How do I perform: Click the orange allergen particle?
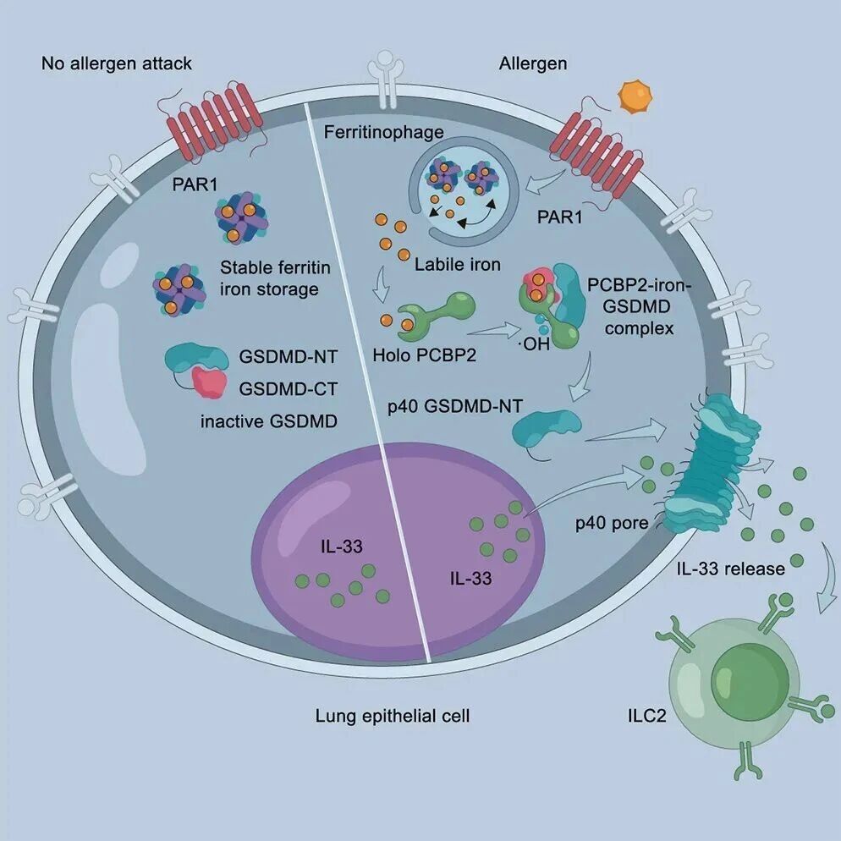click(635, 96)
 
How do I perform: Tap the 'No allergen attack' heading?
click(117, 63)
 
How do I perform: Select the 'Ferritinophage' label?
click(383, 133)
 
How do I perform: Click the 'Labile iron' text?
click(458, 265)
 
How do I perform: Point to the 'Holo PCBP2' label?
click(424, 355)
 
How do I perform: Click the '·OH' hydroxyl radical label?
click(535, 344)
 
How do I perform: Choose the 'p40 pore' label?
click(612, 523)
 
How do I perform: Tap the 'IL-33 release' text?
click(730, 569)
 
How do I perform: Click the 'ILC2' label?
click(647, 716)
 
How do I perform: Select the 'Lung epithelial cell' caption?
click(392, 716)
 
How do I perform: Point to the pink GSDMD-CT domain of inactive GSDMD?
click(209, 382)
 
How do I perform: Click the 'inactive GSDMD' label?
click(269, 421)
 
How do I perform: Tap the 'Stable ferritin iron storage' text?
click(275, 278)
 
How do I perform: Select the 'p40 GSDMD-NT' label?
click(455, 407)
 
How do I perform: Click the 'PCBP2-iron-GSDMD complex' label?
click(639, 307)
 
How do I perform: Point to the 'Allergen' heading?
click(532, 63)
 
